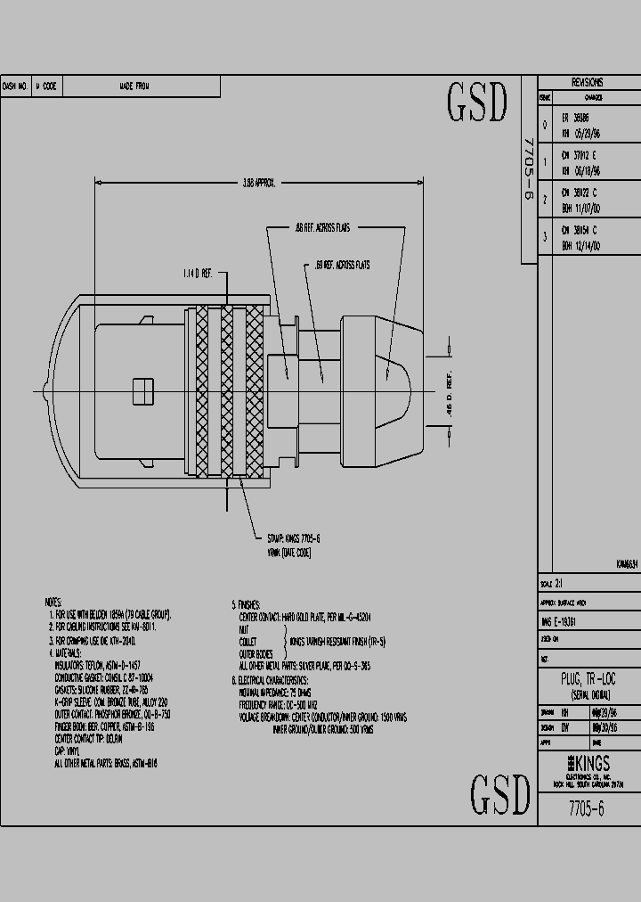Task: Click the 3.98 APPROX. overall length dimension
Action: tap(259, 183)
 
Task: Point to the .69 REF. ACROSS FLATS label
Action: tap(343, 266)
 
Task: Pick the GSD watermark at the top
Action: tap(476, 103)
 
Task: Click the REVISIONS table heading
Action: tap(587, 81)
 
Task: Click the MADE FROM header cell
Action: tap(134, 86)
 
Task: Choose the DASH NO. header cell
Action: tap(15, 86)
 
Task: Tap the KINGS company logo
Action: tap(587, 764)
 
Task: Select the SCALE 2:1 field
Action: tap(553, 584)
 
